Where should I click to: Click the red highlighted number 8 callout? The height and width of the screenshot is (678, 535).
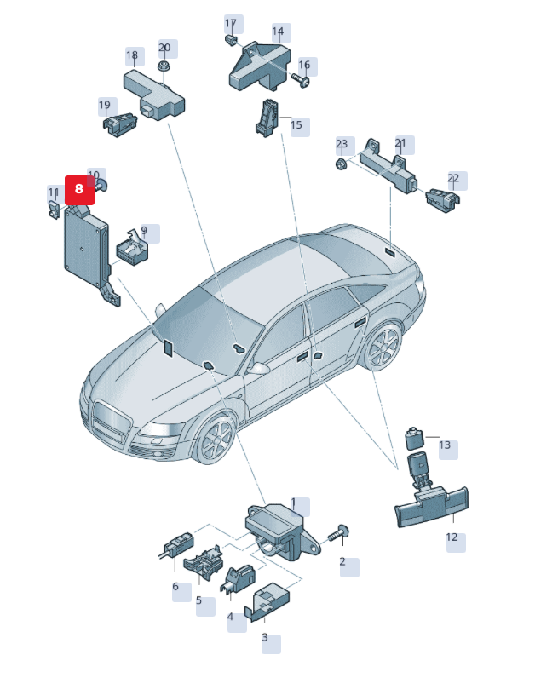79,190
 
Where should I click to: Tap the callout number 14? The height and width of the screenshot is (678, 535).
278,32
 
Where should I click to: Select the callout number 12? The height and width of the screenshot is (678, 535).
452,537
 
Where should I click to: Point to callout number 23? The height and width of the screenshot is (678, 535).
342,144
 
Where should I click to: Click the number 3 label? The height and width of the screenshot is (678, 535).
265,637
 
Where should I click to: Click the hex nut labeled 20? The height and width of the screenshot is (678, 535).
164,66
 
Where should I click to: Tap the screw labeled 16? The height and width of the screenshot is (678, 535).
301,79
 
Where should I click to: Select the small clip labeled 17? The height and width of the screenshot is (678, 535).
231,40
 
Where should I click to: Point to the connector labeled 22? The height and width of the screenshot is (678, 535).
442,201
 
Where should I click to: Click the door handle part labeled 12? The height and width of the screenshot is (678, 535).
432,506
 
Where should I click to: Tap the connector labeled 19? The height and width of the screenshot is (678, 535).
120,124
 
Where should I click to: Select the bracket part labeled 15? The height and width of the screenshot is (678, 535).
267,118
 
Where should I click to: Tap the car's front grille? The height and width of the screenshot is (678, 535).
112,420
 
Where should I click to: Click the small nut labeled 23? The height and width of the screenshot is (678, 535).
342,164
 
